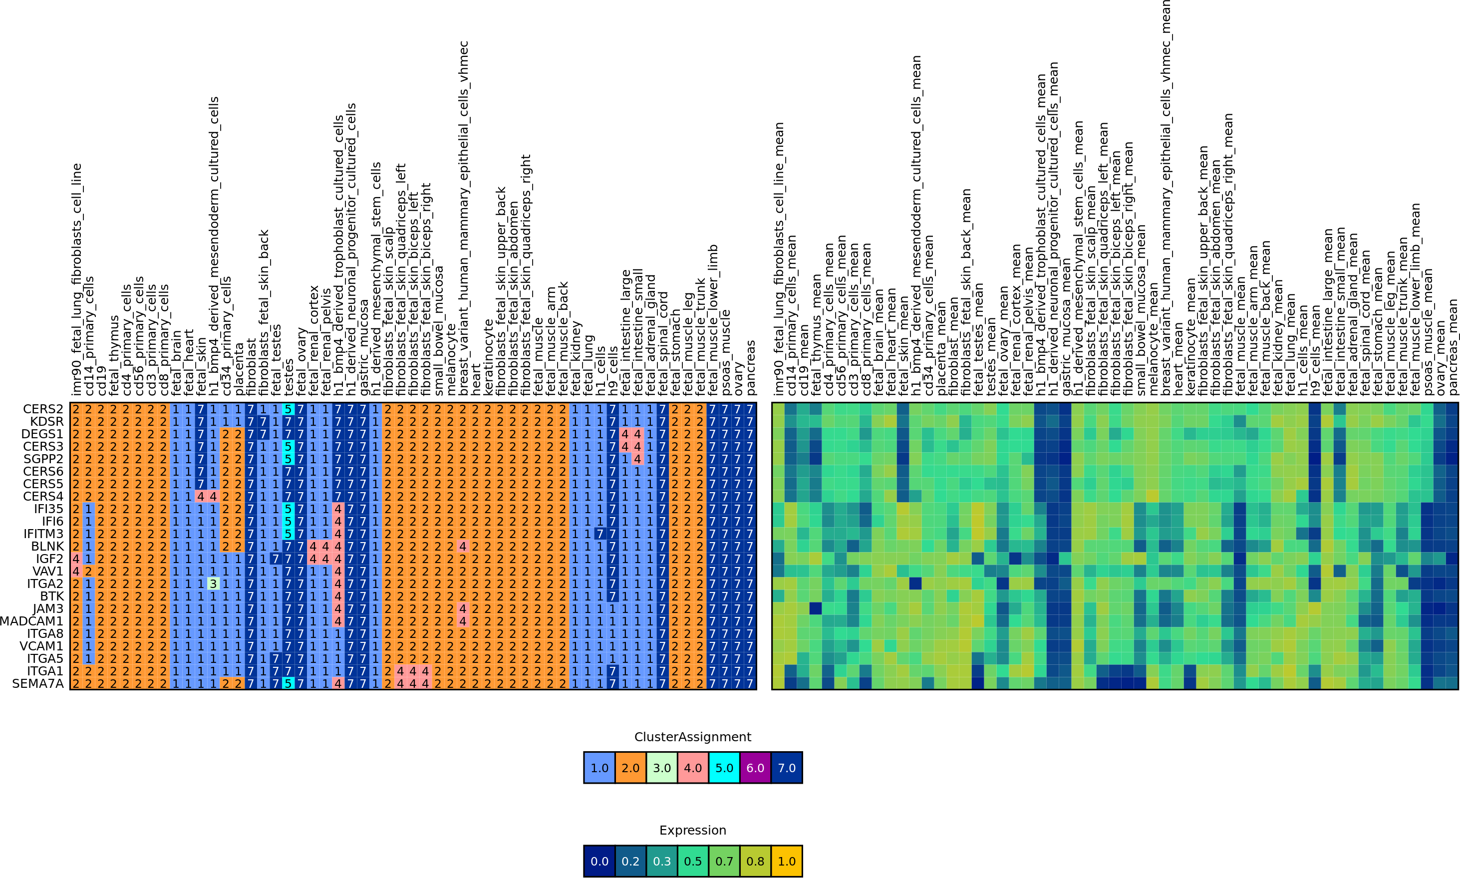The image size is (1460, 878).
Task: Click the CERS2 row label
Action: pos(42,409)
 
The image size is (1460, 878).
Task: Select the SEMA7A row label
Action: pos(38,683)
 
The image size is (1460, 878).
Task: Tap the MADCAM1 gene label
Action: pos(31,620)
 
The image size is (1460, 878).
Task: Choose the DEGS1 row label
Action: pos(42,434)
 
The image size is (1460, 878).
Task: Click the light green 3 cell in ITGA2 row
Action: pos(213,584)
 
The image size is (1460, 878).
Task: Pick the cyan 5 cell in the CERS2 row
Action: pos(288,409)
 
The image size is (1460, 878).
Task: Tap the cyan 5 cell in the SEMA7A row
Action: pos(288,683)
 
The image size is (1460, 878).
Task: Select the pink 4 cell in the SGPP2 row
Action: pos(637,459)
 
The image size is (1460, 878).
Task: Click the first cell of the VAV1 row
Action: pos(76,571)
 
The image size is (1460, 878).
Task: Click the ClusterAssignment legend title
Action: pos(692,737)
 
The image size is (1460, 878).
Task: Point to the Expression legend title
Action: pos(692,831)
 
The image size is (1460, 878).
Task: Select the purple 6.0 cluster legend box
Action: pos(755,768)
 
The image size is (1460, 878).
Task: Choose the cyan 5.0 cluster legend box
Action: pos(724,768)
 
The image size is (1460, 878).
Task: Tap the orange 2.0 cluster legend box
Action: pos(630,768)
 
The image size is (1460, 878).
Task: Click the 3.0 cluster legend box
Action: pos(662,768)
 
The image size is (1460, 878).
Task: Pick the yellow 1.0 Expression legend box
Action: pos(787,862)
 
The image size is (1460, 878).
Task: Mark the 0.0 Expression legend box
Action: pos(599,862)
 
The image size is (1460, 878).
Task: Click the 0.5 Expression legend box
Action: pos(693,862)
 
